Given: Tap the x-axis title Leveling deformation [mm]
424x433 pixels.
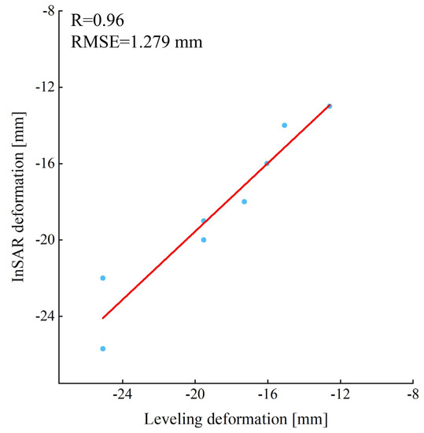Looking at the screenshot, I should [x=236, y=416].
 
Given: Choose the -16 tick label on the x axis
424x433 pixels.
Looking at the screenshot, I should [x=267, y=396].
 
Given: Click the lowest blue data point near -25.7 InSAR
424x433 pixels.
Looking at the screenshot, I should [x=103, y=349].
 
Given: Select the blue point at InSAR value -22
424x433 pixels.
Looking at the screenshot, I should [x=103, y=278].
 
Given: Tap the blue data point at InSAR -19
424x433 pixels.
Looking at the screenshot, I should [x=204, y=220].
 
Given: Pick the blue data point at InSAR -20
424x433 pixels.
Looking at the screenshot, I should [x=204, y=239].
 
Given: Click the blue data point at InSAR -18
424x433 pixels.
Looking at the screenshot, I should [x=244, y=202].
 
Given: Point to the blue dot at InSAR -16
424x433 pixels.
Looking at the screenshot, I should [x=267, y=163].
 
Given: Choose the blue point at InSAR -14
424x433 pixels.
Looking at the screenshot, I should [x=285, y=125].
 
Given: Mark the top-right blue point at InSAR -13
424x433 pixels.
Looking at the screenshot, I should [x=330, y=105].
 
